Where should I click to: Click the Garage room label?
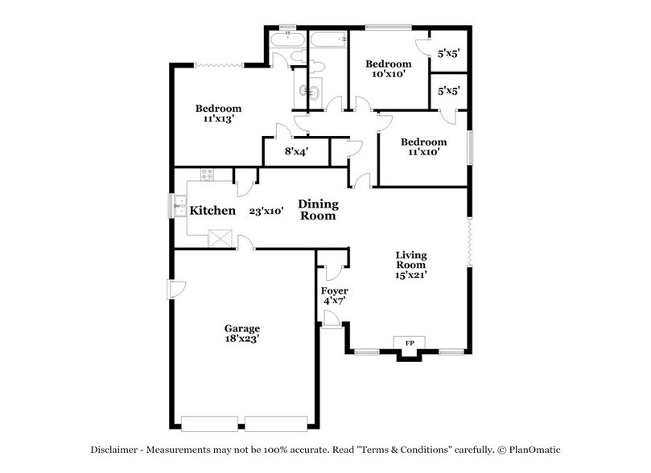[241, 328]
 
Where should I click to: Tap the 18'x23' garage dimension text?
[241, 339]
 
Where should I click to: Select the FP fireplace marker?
[409, 344]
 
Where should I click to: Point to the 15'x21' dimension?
[410, 274]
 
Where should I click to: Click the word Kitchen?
[212, 211]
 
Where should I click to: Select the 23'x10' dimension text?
[267, 211]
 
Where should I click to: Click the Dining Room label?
[319, 210]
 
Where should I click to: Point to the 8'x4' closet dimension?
[296, 150]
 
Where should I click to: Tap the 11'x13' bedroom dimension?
[219, 119]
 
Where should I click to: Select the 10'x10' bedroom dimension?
[388, 74]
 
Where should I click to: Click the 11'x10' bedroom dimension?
[423, 152]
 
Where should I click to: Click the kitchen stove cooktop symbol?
[208, 175]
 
